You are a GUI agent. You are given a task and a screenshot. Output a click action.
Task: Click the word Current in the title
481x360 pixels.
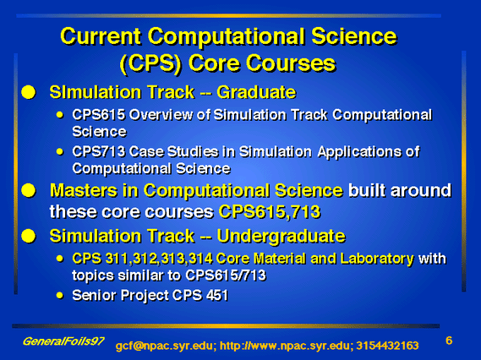click(x=101, y=36)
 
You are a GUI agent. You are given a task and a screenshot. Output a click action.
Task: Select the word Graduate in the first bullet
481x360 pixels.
click(x=256, y=92)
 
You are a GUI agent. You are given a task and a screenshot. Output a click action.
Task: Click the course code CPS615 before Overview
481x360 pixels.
click(x=98, y=115)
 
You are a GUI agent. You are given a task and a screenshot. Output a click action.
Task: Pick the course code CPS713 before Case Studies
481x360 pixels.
click(x=98, y=151)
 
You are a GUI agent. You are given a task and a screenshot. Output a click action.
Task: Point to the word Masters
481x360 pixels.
click(x=84, y=190)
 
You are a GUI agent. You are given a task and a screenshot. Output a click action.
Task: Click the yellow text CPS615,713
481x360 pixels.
click(x=270, y=211)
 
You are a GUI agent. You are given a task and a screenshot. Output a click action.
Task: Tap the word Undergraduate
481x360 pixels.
click(x=281, y=237)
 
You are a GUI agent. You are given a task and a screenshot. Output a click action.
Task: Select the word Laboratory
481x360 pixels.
click(x=377, y=259)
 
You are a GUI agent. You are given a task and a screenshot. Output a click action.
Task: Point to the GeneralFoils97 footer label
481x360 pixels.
click(x=63, y=341)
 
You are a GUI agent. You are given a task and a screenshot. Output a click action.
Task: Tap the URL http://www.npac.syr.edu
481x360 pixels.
click(x=285, y=346)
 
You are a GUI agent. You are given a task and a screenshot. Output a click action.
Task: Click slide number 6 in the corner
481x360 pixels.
click(x=449, y=341)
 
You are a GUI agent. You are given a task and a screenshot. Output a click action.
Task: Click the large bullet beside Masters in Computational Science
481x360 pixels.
click(x=29, y=190)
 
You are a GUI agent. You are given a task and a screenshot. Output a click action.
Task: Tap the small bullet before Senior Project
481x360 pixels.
click(x=60, y=296)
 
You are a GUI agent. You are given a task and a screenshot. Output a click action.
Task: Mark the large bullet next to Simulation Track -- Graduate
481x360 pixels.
click(x=29, y=92)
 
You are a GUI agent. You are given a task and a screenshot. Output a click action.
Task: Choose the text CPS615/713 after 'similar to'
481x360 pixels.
click(x=226, y=275)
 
